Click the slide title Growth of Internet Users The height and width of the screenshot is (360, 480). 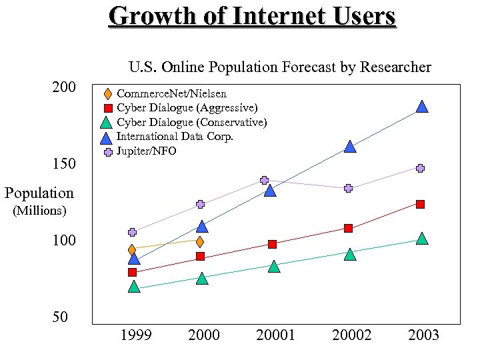(252, 16)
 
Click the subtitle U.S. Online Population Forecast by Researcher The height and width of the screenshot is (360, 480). (279, 67)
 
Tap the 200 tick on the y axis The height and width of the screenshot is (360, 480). (65, 87)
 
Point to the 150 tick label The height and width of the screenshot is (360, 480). (65, 164)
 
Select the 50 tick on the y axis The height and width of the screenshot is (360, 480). (60, 317)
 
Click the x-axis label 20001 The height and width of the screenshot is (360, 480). (275, 335)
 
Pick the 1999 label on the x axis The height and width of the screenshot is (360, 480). (135, 335)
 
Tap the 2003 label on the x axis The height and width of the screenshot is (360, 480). (423, 335)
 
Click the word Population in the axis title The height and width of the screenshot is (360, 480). (39, 193)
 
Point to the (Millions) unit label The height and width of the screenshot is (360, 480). (39, 211)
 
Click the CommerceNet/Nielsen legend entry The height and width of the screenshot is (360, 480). (171, 94)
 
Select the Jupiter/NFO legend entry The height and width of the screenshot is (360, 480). (146, 151)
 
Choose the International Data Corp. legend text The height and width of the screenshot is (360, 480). (175, 137)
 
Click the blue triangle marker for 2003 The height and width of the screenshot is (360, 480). (421, 107)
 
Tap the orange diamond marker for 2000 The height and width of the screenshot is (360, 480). (199, 241)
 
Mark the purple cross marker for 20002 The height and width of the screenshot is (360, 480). (348, 188)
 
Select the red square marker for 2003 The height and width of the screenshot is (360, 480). (420, 204)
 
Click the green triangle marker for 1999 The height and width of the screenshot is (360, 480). (134, 287)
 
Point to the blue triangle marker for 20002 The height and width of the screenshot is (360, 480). (350, 147)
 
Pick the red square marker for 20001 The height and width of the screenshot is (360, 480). (272, 244)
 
